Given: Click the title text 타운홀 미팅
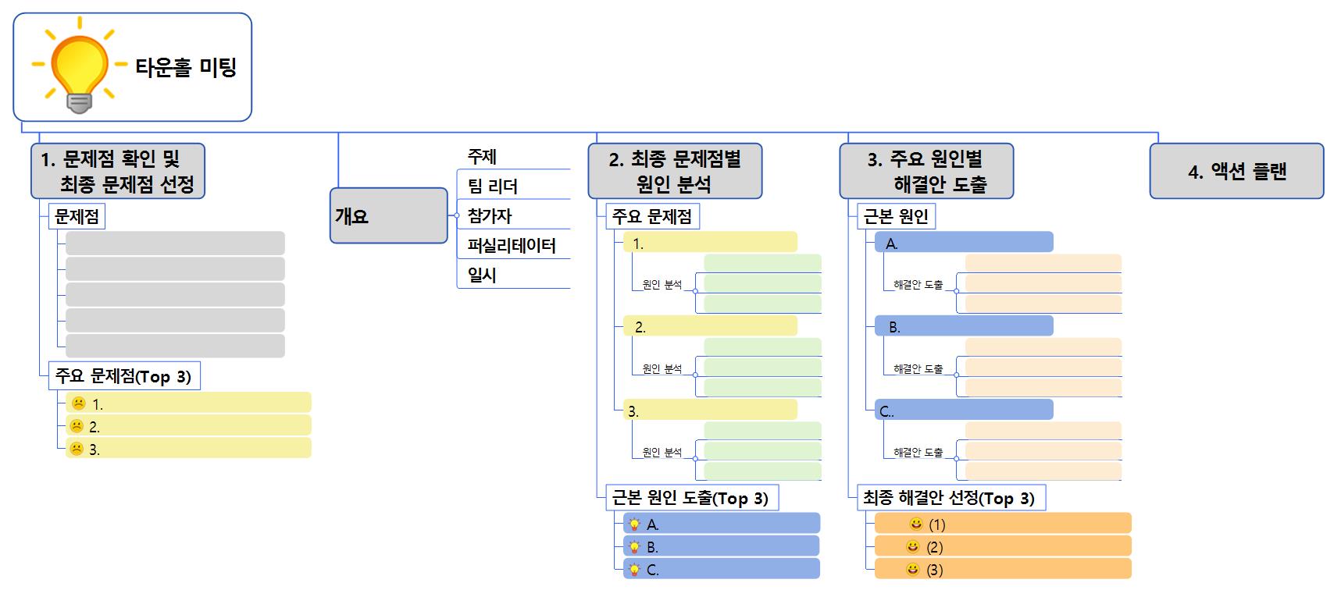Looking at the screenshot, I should click(x=186, y=68).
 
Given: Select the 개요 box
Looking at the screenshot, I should click(x=388, y=215).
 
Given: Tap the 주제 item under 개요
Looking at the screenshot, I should click(x=482, y=157).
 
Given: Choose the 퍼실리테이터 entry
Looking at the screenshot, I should click(x=512, y=246).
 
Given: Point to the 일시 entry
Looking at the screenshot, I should click(x=482, y=275).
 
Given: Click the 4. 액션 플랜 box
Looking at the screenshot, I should click(x=1236, y=171).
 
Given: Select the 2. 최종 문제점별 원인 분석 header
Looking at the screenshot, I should click(x=674, y=171).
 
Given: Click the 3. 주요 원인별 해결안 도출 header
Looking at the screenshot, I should click(x=926, y=171).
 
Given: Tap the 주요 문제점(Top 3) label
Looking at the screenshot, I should click(x=123, y=376).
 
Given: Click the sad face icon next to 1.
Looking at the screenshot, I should click(x=78, y=403).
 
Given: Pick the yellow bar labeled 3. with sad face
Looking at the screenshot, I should click(x=187, y=449).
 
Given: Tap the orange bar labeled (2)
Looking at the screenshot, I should click(x=1002, y=547).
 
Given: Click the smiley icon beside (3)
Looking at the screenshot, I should click(x=912, y=570).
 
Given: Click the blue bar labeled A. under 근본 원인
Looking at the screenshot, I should click(x=963, y=243).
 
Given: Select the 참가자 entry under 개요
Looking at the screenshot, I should click(x=490, y=216).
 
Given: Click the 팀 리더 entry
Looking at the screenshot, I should click(x=493, y=187).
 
